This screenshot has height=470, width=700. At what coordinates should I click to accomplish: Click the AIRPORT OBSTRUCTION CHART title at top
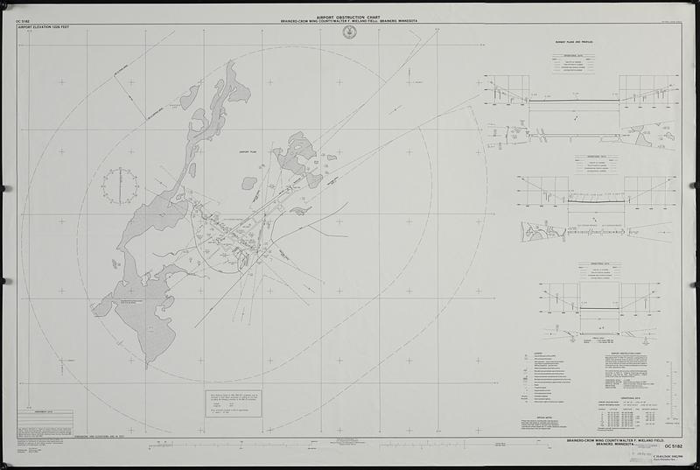tap(350, 15)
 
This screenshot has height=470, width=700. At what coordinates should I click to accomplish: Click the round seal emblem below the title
tap(350, 32)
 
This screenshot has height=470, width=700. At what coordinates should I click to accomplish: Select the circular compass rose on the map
tap(119, 185)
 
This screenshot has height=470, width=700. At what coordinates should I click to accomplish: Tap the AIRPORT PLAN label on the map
tap(250, 151)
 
